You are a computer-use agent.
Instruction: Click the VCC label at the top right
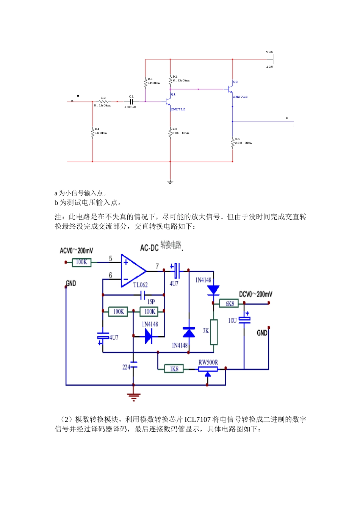(269, 52)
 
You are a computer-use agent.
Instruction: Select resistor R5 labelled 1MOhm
(145, 83)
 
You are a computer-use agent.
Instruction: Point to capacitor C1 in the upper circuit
(131, 101)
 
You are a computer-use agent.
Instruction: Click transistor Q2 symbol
(230, 89)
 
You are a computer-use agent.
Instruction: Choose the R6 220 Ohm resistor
(233, 143)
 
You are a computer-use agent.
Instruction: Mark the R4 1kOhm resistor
(92, 133)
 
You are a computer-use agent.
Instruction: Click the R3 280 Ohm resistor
(170, 133)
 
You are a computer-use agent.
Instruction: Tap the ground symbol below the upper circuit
(170, 182)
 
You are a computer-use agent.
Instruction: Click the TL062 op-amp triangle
(132, 271)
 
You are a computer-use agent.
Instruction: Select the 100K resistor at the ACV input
(81, 262)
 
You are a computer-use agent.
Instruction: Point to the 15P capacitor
(143, 295)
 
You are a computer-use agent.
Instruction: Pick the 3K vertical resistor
(214, 332)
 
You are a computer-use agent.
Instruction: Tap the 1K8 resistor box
(174, 369)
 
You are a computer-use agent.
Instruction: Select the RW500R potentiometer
(208, 369)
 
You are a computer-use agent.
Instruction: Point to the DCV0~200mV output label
(255, 294)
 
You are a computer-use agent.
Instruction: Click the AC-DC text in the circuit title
(149, 248)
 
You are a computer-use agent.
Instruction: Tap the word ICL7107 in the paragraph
(197, 420)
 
